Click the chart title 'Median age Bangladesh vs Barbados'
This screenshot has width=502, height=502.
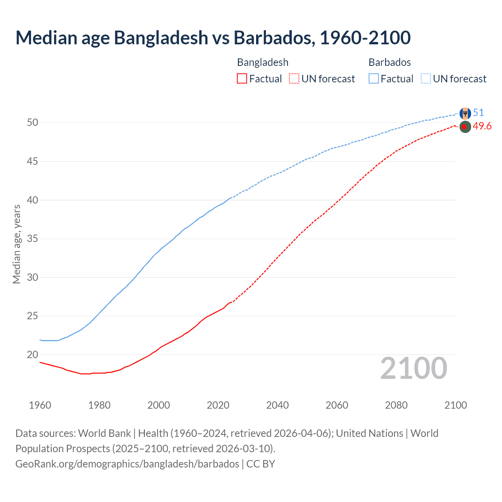click(213, 38)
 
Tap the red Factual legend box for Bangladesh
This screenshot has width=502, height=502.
click(242, 78)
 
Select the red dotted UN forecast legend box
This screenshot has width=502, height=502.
click(294, 78)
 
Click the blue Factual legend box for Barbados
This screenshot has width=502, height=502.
click(374, 78)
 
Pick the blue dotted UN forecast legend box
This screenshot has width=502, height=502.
click(426, 78)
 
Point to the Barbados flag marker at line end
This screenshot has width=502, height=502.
click(465, 113)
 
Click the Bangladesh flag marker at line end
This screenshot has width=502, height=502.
click(465, 127)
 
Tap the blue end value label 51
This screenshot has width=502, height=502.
click(478, 113)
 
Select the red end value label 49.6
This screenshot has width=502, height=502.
click(482, 126)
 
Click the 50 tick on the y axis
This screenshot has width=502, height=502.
click(33, 123)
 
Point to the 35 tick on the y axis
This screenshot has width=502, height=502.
click(33, 239)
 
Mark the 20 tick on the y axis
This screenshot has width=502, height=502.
click(33, 355)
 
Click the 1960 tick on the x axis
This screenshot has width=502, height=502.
click(40, 405)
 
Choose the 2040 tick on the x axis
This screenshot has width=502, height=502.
click(277, 405)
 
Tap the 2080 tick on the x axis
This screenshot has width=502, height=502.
click(396, 405)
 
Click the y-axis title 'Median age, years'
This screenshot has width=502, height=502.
click(16, 244)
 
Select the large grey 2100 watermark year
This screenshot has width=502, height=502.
click(413, 368)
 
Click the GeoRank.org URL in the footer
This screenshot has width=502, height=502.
click(127, 464)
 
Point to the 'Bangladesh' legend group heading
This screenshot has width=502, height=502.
click(263, 62)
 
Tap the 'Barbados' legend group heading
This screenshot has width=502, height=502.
click(389, 62)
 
